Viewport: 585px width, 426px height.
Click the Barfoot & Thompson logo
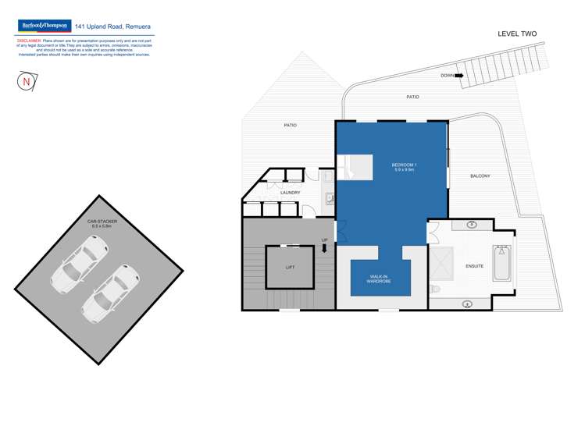45,26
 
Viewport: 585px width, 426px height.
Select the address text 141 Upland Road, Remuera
112,26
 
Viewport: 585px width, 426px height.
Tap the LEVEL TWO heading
517,34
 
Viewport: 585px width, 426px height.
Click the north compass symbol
27,81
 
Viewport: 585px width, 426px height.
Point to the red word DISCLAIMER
29,39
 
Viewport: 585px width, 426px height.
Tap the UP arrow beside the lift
325,249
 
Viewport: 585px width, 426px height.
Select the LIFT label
290,268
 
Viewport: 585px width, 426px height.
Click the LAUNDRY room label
290,193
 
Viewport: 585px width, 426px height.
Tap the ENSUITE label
474,266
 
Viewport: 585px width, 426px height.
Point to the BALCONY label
480,176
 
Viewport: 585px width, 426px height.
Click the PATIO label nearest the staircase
412,97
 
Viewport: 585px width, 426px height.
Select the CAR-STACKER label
104,224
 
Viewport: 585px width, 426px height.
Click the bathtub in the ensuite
501,264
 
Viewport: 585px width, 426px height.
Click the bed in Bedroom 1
355,167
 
